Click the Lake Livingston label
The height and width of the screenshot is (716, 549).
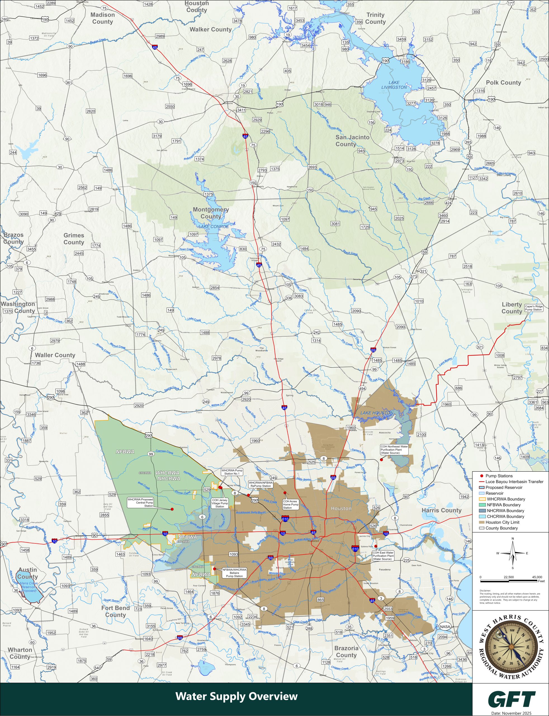394,85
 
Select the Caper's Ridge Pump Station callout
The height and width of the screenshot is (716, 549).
533,308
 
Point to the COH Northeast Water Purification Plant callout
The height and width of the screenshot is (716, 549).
394,449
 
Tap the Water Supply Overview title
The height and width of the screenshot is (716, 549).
236,696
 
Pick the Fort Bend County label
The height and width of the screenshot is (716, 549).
115,611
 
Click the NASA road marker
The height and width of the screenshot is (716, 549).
445,626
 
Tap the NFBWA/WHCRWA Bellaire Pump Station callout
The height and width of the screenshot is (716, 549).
234,572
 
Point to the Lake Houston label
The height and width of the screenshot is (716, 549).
377,413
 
